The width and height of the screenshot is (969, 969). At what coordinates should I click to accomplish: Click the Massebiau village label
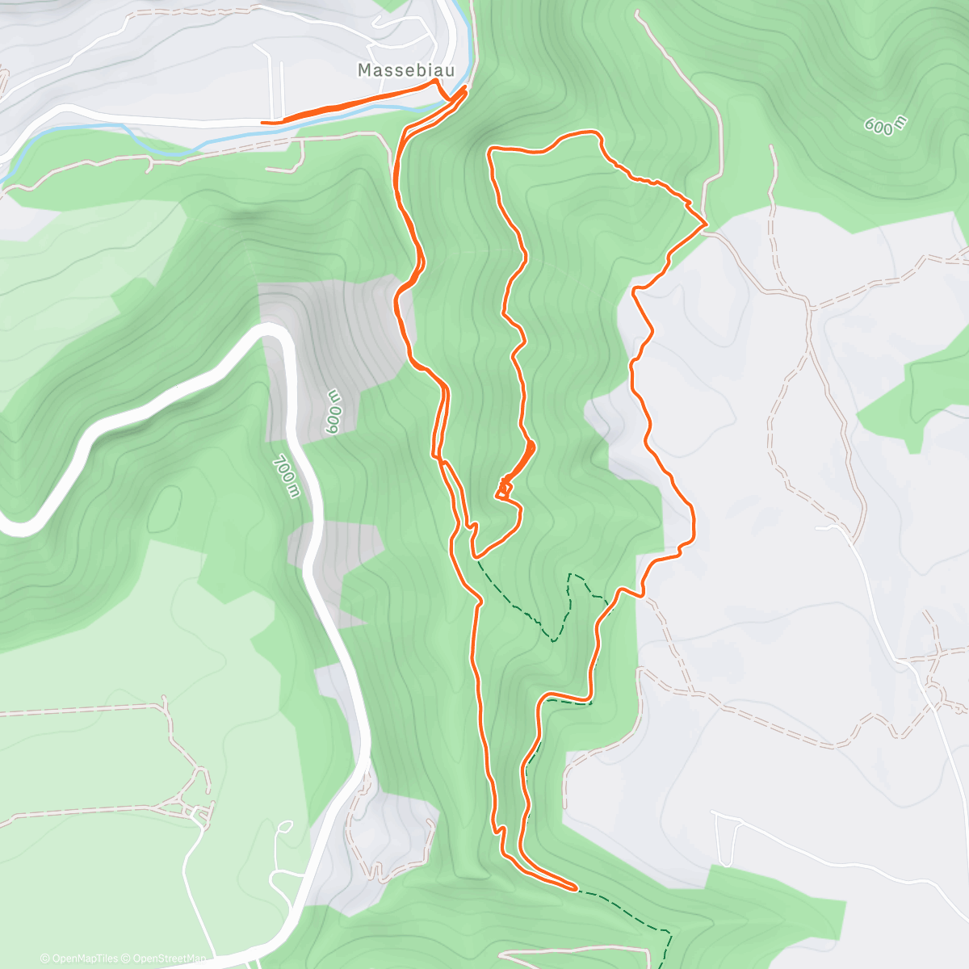[x=405, y=71]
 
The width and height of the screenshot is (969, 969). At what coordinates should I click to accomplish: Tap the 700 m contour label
[x=286, y=476]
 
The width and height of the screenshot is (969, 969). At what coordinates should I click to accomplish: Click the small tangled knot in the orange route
[x=504, y=489]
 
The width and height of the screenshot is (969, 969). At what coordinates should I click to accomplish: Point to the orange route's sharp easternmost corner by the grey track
[x=707, y=222]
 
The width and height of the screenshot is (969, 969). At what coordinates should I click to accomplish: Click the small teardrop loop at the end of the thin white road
[x=284, y=826]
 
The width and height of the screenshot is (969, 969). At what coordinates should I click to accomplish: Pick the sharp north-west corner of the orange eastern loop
[x=490, y=149]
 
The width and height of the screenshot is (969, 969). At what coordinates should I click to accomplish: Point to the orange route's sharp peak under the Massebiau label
[x=437, y=82]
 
